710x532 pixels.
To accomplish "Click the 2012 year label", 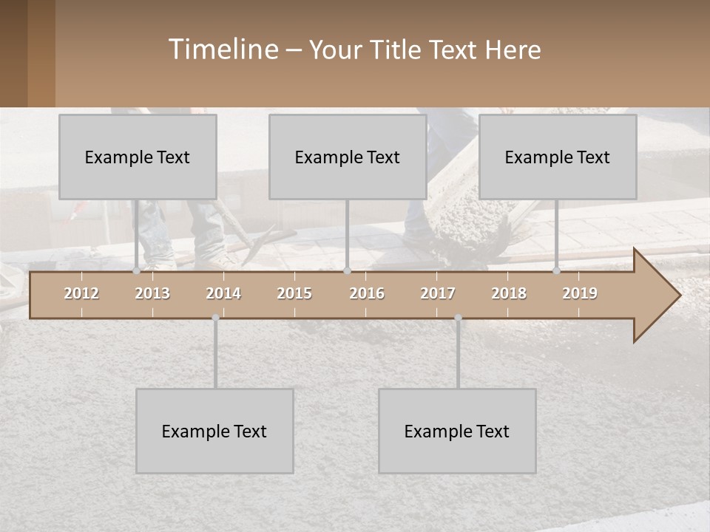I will [81, 293].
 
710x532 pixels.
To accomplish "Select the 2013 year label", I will [152, 293].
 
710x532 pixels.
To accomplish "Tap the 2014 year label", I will [223, 293].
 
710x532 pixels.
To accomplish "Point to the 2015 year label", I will [294, 293].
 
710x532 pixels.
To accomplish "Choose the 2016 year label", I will [367, 293].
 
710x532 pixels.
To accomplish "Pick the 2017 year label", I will [438, 293].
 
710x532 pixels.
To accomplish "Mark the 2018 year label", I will [509, 293].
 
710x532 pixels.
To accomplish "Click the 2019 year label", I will [580, 293].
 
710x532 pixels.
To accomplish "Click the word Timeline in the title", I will [222, 50].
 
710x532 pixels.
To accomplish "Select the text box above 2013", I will [138, 157].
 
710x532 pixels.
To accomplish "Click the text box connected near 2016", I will [348, 157].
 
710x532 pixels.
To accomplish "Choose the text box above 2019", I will [558, 157].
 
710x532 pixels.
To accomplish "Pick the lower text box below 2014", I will [214, 431].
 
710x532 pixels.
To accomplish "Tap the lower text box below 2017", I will [457, 431].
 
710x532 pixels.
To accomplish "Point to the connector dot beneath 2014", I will [215, 318].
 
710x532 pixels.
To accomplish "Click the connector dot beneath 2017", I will [458, 318].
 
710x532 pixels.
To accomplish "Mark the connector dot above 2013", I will [136, 271].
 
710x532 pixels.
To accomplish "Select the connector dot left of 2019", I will [556, 271].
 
